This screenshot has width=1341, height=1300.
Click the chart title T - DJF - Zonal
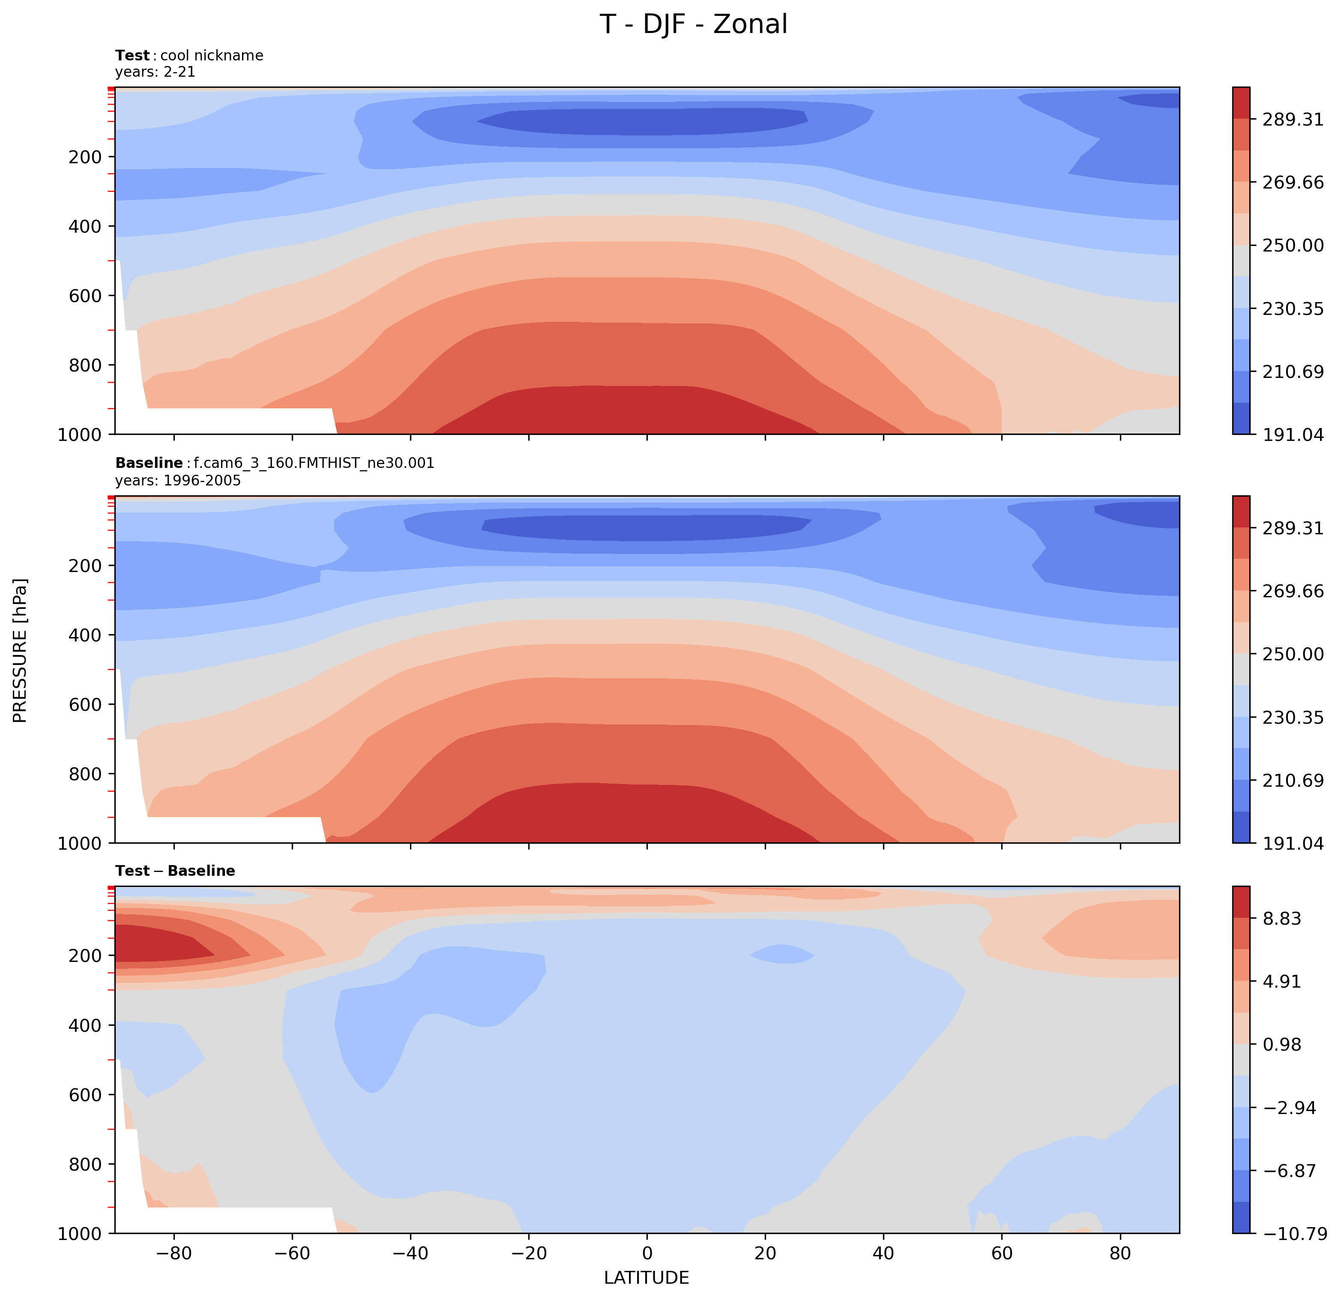(x=693, y=24)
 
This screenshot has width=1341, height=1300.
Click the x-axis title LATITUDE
(x=646, y=1277)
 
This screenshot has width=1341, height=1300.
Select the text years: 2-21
(x=156, y=72)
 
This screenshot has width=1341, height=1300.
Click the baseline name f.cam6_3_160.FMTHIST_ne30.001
(x=313, y=463)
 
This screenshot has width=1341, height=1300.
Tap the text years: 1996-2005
(x=178, y=480)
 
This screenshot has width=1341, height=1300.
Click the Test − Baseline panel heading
(x=175, y=871)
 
